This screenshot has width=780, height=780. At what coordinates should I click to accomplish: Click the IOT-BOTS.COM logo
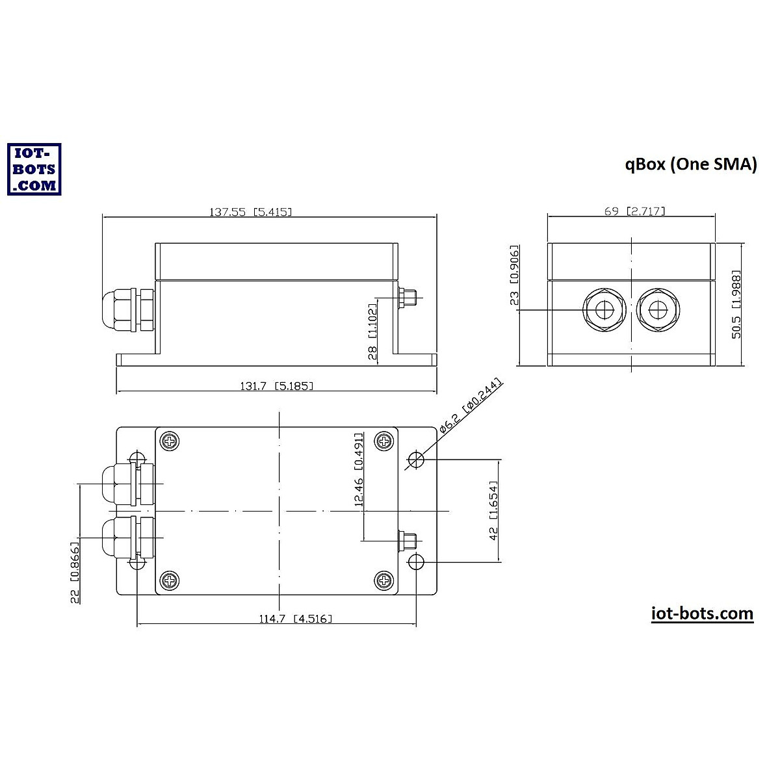(x=34, y=169)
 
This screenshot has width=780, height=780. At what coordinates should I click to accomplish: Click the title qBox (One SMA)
(x=691, y=164)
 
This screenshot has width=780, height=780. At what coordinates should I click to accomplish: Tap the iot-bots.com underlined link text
(x=702, y=614)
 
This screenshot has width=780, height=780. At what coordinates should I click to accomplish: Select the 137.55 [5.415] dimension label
(x=250, y=212)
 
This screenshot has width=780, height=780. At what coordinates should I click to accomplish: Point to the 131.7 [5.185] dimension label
(x=277, y=386)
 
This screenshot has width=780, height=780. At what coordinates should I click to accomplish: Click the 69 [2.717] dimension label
(x=634, y=211)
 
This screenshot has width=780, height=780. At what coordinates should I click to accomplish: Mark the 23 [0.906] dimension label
(x=514, y=276)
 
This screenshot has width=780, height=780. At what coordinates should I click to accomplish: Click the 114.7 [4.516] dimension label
(x=295, y=619)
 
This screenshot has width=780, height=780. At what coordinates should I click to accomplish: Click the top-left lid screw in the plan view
(x=170, y=441)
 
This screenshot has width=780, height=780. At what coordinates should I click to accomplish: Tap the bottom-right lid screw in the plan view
(x=384, y=580)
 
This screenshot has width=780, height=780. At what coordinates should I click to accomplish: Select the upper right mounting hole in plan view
(x=416, y=461)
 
